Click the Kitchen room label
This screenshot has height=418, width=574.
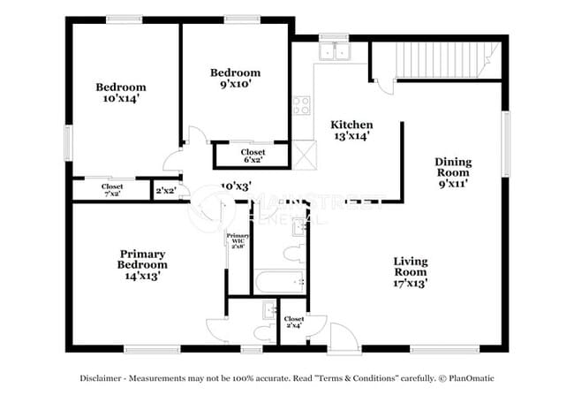(x=351, y=130)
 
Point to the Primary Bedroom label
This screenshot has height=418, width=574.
(x=142, y=264)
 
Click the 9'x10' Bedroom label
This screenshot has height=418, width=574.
(x=236, y=79)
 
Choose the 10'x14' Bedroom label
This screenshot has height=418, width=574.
(x=121, y=93)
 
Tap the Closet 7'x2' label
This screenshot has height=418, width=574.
(x=112, y=190)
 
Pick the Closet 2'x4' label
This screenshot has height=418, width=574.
(x=294, y=322)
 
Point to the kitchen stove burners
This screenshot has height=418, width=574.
(x=303, y=106)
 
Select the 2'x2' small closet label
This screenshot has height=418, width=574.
(x=165, y=190)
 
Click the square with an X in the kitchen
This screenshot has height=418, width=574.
(x=306, y=157)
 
